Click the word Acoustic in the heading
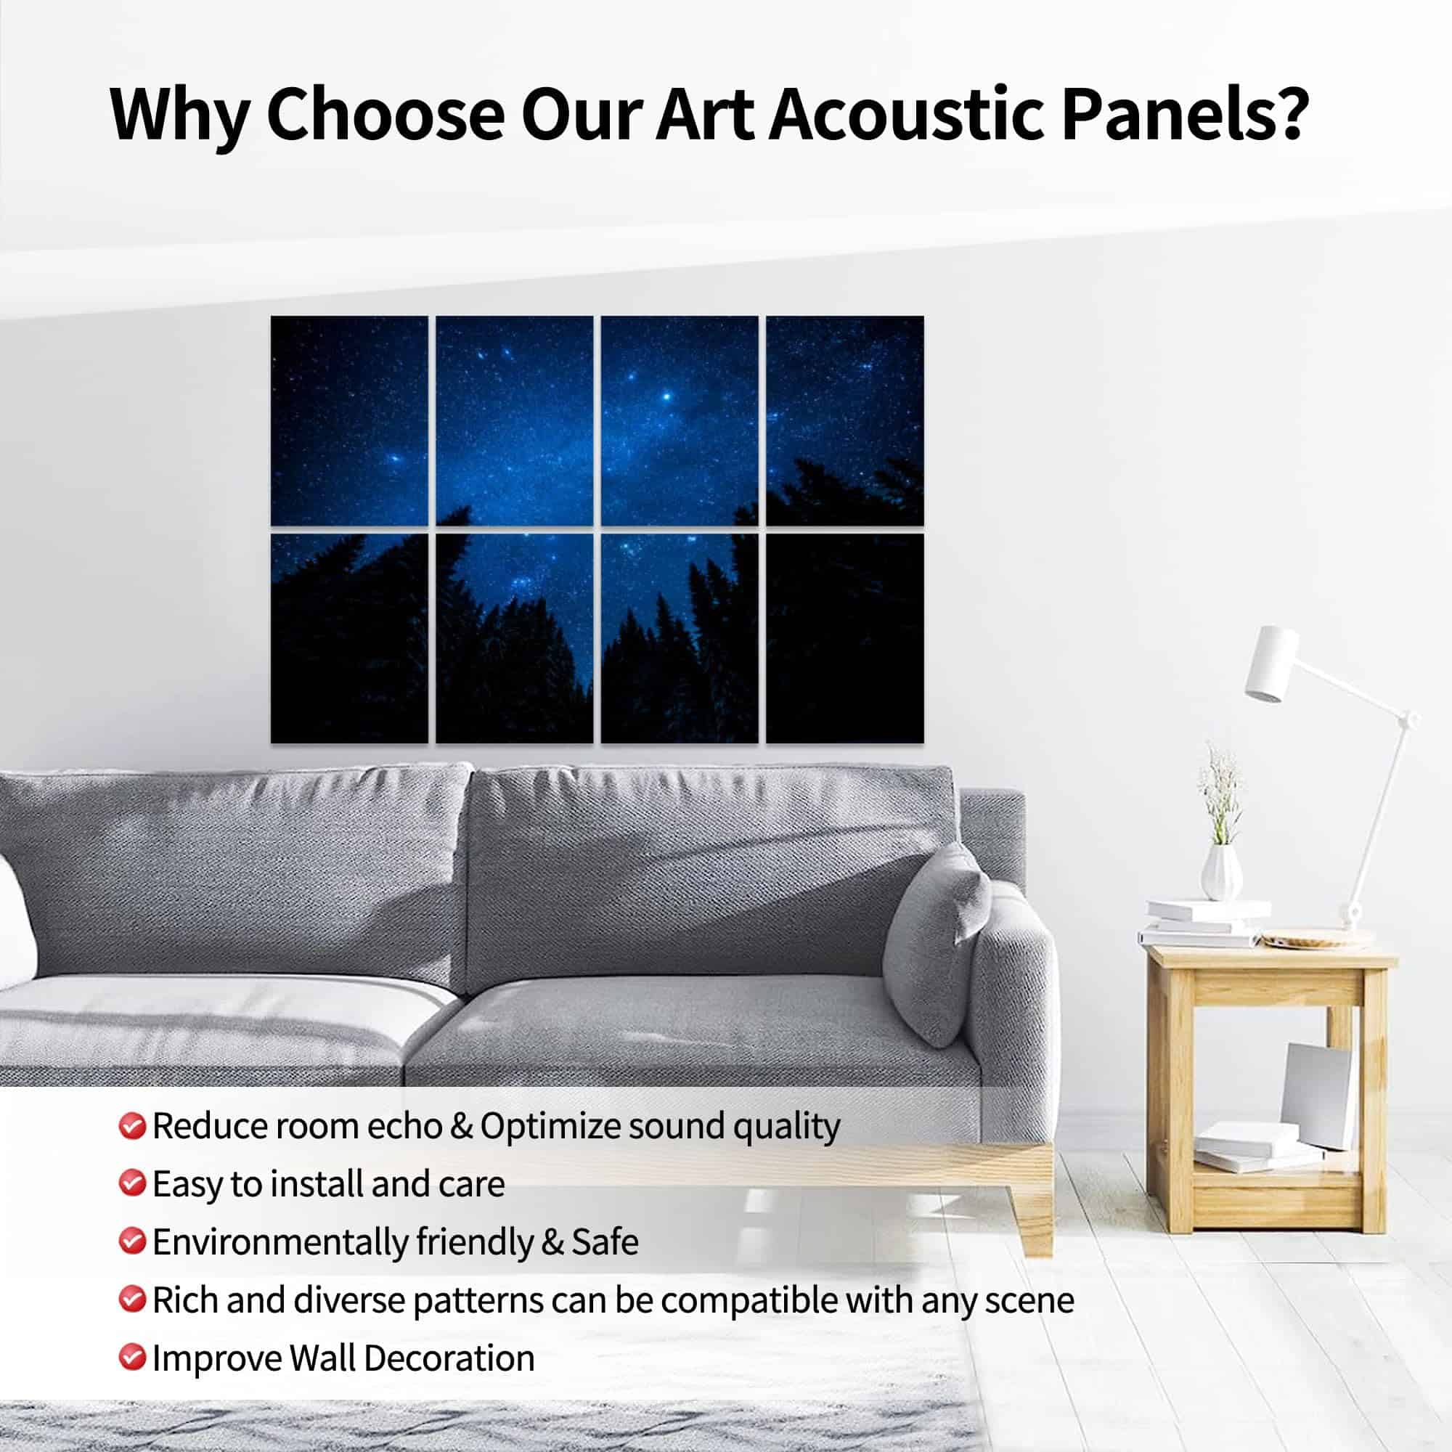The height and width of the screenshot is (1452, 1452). (906, 114)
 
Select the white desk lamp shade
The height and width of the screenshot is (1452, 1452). (1273, 663)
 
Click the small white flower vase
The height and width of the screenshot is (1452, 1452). (1221, 873)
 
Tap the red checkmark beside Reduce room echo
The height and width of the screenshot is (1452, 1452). (132, 1126)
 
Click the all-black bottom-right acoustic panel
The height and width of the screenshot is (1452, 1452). (845, 638)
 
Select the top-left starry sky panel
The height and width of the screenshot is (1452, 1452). (349, 420)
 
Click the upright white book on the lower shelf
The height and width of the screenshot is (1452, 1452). (1316, 1106)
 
